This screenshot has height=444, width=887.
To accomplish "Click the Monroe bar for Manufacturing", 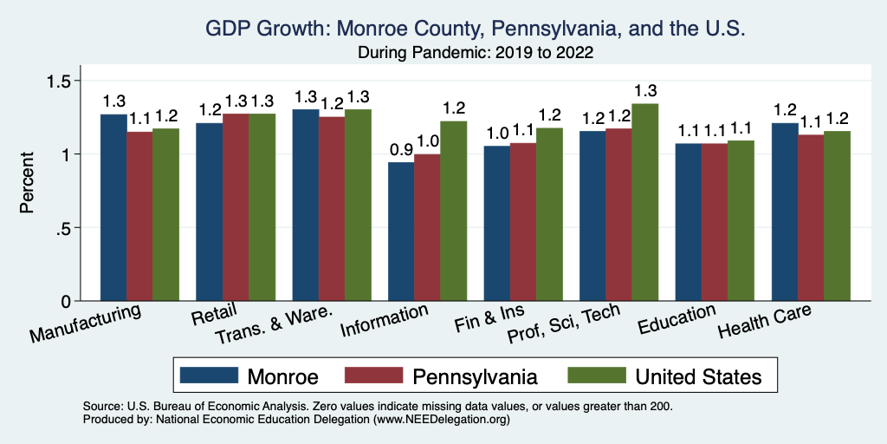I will click(113, 207).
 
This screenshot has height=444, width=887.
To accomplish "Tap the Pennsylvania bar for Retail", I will click(236, 207).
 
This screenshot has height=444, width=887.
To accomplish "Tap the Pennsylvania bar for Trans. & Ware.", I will click(331, 209).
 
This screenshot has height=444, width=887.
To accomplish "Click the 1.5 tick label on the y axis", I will click(67, 81).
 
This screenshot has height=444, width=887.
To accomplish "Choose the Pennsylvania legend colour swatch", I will click(374, 375).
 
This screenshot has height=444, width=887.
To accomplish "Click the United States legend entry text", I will click(698, 376).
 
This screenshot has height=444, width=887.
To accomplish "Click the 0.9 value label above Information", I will click(401, 149).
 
